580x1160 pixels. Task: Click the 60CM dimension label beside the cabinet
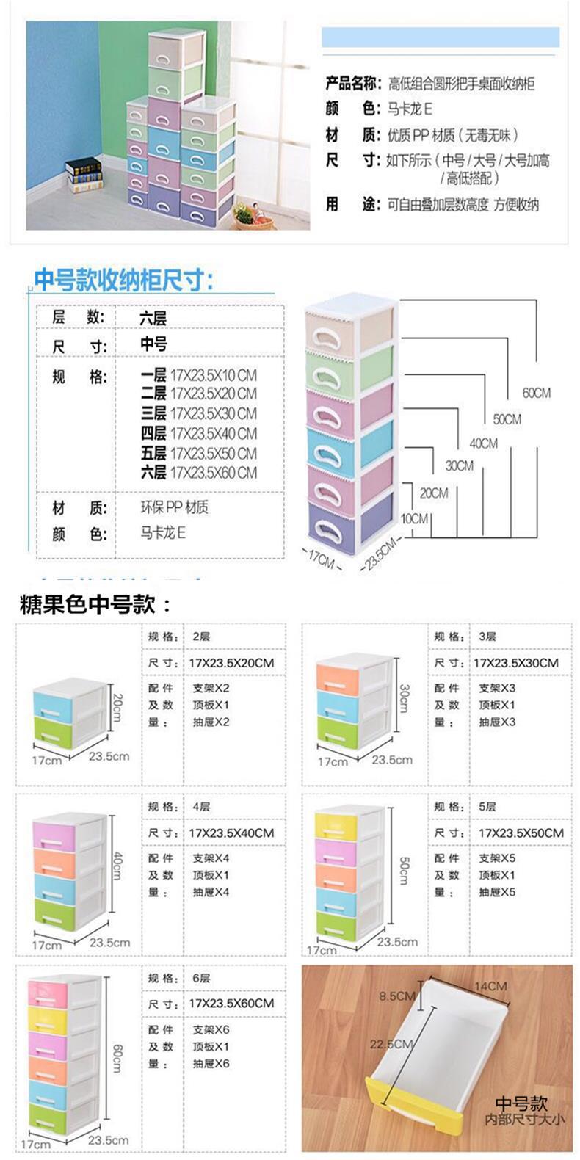pos(536,393)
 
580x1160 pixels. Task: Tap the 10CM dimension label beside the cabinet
pos(414,518)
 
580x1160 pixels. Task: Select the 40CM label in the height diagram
pos(483,443)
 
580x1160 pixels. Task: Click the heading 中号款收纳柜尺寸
pos(124,280)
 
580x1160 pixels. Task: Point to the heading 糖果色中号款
pos(95,604)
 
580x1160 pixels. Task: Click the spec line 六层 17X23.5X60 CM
pos(199,473)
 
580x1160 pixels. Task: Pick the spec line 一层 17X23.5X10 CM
pos(199,374)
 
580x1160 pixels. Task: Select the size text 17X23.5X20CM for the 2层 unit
pos(231,663)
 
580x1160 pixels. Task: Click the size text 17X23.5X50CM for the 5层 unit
pos(521,833)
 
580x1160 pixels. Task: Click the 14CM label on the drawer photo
pos(490,985)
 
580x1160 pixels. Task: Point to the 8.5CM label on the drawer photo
pos(397,996)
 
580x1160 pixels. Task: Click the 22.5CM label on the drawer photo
pos(391,1044)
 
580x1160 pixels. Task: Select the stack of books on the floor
pos(84,175)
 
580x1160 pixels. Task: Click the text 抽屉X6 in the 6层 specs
pos(211,1063)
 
